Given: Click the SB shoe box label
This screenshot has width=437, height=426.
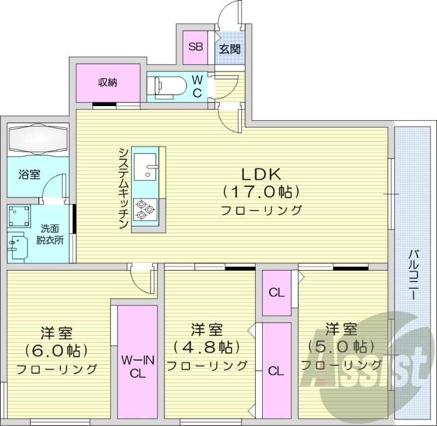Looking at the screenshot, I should click(x=196, y=46).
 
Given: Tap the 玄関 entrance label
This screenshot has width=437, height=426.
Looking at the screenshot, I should click(x=228, y=48).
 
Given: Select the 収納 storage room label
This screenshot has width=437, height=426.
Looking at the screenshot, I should click(x=108, y=83).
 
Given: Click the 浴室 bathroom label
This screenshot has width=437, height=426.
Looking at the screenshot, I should click(x=29, y=175).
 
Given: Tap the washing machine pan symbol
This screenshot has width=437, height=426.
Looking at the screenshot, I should click(x=20, y=217).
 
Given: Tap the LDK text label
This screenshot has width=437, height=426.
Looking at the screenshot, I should click(x=262, y=174).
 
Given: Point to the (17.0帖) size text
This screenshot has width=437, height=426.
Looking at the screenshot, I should click(x=262, y=192).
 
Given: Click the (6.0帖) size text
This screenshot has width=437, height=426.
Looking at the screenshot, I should click(x=57, y=349).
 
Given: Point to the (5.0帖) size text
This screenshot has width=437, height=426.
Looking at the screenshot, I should click(x=341, y=346).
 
